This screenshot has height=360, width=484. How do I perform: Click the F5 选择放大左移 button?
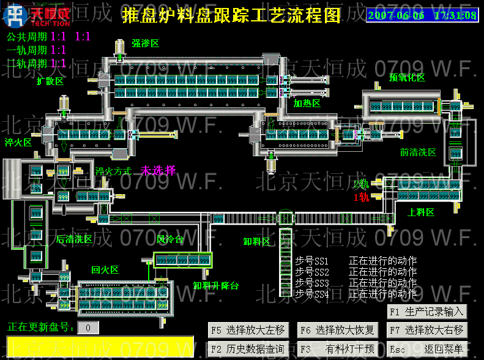(248, 330)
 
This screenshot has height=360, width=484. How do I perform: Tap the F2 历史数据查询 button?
(248, 349)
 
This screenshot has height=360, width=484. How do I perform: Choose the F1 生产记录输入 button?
(426, 312)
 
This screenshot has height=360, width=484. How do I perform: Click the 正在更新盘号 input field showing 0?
(88, 328)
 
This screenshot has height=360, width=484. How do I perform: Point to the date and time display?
(422, 15)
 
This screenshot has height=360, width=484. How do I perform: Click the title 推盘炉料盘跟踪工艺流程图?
(231, 15)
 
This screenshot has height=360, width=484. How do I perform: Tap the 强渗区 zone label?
(145, 43)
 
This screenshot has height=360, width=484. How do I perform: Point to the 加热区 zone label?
(307, 103)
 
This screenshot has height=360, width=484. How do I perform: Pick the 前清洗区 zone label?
(418, 152)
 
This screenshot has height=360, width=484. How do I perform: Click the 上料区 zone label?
(421, 212)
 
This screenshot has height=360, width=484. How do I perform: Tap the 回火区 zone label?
(105, 269)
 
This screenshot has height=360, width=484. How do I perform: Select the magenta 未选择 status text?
(158, 171)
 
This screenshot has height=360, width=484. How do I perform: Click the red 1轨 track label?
(361, 197)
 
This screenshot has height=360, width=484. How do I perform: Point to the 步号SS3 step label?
(312, 283)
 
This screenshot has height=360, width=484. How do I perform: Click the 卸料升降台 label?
(216, 285)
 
